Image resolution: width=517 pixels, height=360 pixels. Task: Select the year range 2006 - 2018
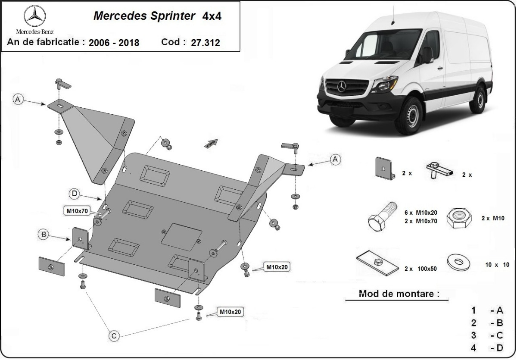click(114, 42)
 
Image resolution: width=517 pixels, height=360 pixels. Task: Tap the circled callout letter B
click(43, 235)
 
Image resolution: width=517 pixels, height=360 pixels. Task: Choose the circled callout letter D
click(75, 194)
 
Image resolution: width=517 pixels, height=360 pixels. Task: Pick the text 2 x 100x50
click(420, 269)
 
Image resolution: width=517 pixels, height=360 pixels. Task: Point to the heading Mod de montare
click(399, 294)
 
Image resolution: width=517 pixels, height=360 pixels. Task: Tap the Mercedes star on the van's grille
click(342, 88)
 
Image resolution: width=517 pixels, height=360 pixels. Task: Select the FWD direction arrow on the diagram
click(211, 143)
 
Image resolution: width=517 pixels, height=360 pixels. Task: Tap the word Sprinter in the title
click(170, 16)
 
